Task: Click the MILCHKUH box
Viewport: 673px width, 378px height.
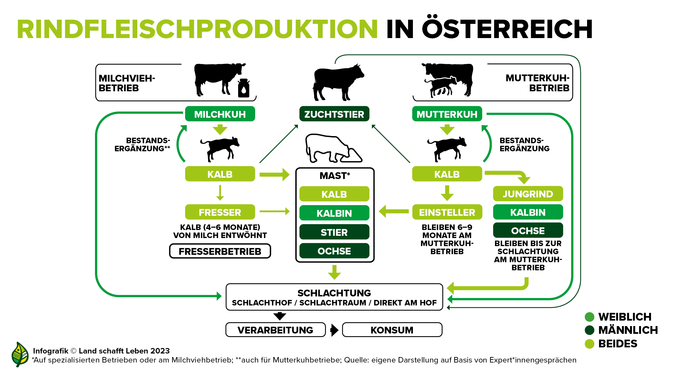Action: coord(220,114)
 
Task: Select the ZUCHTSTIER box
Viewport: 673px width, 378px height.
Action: coord(334,114)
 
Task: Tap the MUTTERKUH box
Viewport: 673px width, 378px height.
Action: coord(447,114)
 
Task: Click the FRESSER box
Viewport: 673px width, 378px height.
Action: coord(220,212)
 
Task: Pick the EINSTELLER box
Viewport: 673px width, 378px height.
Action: coord(447,212)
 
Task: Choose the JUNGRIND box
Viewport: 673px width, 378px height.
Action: coord(528,194)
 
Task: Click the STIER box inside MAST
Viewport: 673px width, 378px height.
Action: coord(334,232)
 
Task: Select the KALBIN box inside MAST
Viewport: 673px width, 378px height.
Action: coord(334,213)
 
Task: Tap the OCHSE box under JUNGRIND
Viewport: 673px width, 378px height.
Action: coord(528,230)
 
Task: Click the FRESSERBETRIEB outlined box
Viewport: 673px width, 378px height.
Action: coord(220,251)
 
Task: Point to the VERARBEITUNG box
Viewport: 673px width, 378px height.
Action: coord(276,330)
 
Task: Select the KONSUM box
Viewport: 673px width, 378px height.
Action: coord(392,330)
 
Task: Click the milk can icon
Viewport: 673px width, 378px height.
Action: coord(244,88)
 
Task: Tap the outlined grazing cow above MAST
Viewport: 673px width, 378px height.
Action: coord(333,148)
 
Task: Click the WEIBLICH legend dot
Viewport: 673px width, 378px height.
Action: coord(590,317)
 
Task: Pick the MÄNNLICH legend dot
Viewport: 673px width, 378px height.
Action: coord(590,330)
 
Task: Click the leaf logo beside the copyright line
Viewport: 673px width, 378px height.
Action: coord(20,354)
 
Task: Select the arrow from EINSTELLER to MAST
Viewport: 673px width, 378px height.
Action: coord(394,212)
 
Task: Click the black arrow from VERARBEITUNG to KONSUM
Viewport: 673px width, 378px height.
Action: coord(334,330)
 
